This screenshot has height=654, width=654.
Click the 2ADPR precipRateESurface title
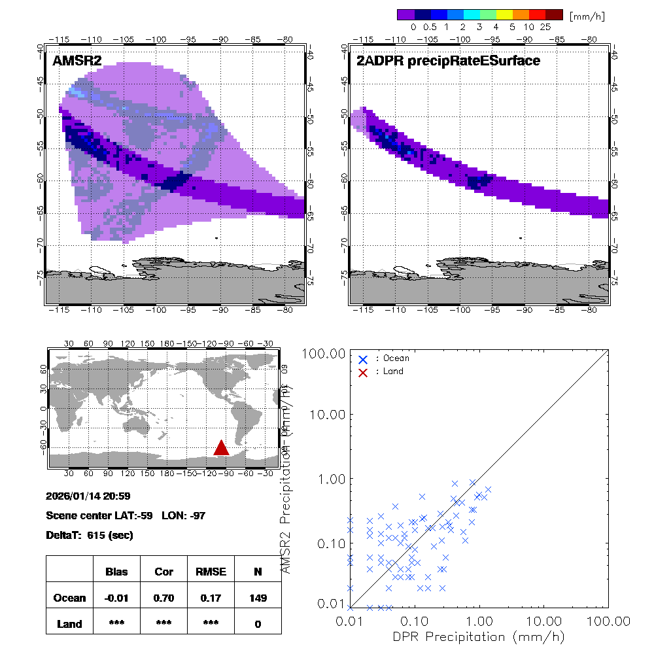coord(448,61)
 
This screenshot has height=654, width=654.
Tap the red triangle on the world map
coord(221,447)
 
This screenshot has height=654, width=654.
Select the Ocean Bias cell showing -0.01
coord(116,598)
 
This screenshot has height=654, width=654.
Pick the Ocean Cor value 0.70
coord(163,598)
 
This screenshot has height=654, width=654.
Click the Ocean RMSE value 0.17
coord(211,598)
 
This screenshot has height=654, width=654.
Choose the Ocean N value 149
coord(258,598)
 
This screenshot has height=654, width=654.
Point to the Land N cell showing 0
coord(258,624)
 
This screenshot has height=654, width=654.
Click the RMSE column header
coord(211,572)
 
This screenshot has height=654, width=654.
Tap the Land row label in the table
coord(69,624)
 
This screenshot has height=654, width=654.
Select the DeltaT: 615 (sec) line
coord(90,535)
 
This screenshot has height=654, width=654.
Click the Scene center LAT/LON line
coord(126,515)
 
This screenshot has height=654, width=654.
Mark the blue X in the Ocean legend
coord(363,358)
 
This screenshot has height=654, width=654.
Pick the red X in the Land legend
coord(363,371)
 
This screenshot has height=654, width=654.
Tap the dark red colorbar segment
coord(554,14)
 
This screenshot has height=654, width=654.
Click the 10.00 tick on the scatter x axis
coord(544,620)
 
